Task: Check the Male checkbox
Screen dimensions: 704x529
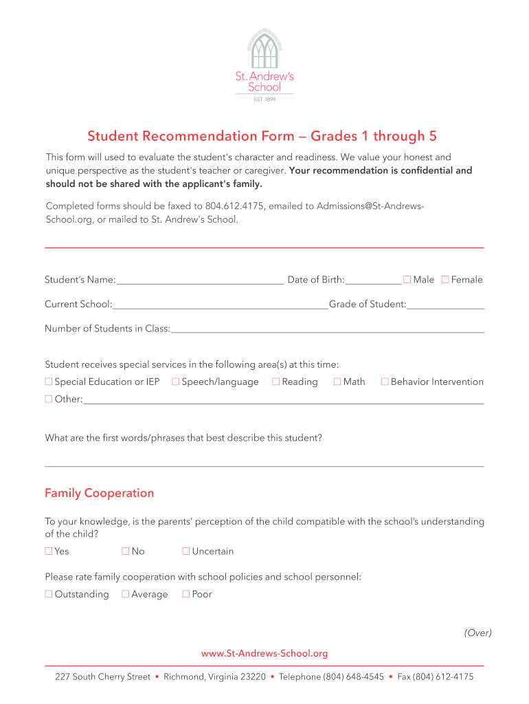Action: click(407, 279)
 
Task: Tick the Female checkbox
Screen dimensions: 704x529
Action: click(445, 279)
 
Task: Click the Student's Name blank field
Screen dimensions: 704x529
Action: click(200, 280)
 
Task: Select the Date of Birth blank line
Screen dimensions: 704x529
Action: click(374, 280)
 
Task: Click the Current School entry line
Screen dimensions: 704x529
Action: click(221, 305)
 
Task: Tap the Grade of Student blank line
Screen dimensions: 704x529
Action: click(445, 305)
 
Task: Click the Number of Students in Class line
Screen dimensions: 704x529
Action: click(327, 329)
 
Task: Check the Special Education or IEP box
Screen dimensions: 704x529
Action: click(49, 382)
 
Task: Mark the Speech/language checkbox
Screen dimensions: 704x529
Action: click(176, 382)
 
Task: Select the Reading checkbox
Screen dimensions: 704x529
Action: click(276, 382)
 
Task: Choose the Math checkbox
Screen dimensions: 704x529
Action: click(337, 382)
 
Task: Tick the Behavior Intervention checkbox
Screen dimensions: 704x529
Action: click(385, 382)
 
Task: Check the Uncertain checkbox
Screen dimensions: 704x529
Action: click(185, 551)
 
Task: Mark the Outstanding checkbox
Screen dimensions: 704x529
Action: click(49, 594)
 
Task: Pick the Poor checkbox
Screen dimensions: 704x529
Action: click(185, 594)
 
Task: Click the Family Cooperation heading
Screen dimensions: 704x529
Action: click(100, 493)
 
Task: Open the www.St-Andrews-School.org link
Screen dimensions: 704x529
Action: click(264, 653)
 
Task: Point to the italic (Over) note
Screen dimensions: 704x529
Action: click(477, 633)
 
